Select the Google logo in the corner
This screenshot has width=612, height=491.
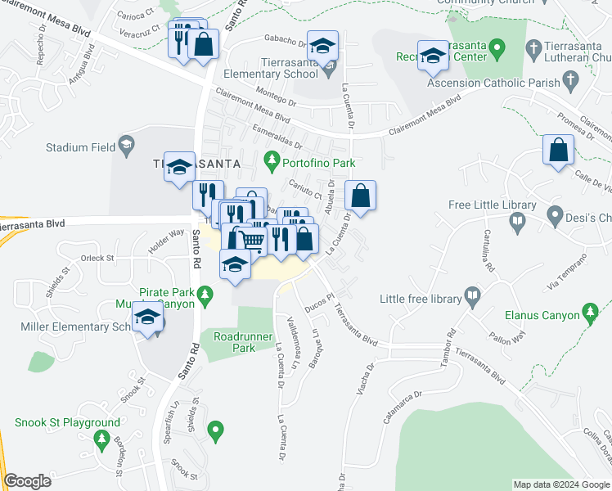[27, 481]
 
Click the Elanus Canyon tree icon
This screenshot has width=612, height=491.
[590, 312]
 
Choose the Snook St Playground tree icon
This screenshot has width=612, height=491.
[102, 441]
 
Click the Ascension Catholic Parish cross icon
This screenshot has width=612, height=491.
[570, 82]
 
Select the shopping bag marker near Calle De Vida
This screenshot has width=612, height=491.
[558, 151]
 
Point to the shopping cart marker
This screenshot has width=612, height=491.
[252, 240]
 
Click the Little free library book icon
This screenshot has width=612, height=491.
[472, 294]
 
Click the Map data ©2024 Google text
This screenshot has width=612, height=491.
[560, 484]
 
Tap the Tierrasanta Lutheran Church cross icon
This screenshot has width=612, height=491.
[534, 49]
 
